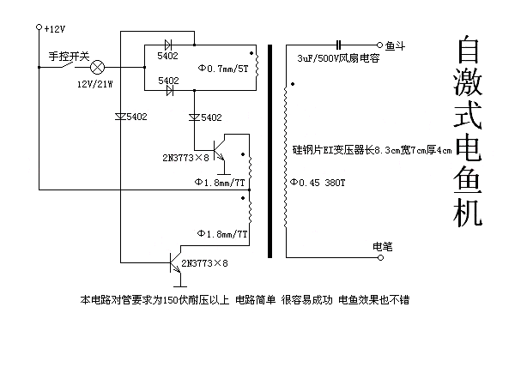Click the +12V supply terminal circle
pos(39,27)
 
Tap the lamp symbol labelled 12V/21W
pos(98,67)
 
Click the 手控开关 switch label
pos(70,56)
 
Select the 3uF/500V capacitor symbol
pos(338,45)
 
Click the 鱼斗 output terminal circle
pos(379,45)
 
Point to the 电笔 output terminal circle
pos(380,257)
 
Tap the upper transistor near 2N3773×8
pos(220,150)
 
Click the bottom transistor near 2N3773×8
pos(176,262)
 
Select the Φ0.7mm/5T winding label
pos(223,69)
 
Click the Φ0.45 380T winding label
pos(318,183)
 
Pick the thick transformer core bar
pos(270,151)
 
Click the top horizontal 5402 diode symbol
pos(168,45)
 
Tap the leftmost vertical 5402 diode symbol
pos(120,117)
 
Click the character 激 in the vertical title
pos(468,83)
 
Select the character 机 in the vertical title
pos(468,212)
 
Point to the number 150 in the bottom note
pos(171,300)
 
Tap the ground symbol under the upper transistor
pos(224,174)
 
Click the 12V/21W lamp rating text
pos(95,84)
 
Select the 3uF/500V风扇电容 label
pos(338,58)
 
